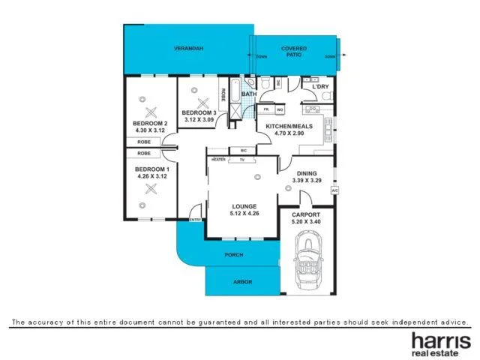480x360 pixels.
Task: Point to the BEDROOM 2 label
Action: (x=150, y=123)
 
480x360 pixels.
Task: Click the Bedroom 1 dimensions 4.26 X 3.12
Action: (x=152, y=177)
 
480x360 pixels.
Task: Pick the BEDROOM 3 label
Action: (x=200, y=112)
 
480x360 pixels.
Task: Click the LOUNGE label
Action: (x=244, y=206)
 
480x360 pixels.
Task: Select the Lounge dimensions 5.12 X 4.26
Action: (x=244, y=214)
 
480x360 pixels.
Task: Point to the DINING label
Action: (x=306, y=173)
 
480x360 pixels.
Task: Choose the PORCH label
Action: (x=234, y=255)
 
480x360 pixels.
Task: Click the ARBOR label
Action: (x=242, y=282)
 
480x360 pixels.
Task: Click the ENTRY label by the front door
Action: (x=196, y=220)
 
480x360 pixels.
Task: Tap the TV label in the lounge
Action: (x=242, y=160)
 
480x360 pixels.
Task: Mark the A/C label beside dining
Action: (x=334, y=190)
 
